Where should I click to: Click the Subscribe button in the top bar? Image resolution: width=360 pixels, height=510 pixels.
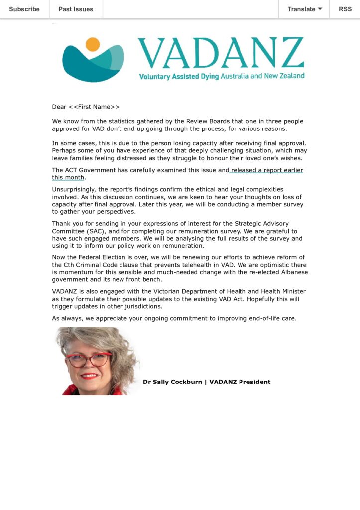24,9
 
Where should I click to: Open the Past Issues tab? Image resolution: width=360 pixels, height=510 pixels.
76,9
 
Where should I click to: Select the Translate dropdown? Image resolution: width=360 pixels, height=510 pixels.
304,9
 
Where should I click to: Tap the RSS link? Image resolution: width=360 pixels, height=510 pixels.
345,9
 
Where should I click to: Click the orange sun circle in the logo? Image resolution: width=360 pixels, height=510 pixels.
93,44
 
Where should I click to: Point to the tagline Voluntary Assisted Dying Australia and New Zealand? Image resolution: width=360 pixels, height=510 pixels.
222,76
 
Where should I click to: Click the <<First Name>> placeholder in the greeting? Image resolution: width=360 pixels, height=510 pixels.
94,107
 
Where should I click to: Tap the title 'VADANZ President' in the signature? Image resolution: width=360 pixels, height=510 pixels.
240,382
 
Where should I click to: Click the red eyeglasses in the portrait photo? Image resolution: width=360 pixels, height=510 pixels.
88,360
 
